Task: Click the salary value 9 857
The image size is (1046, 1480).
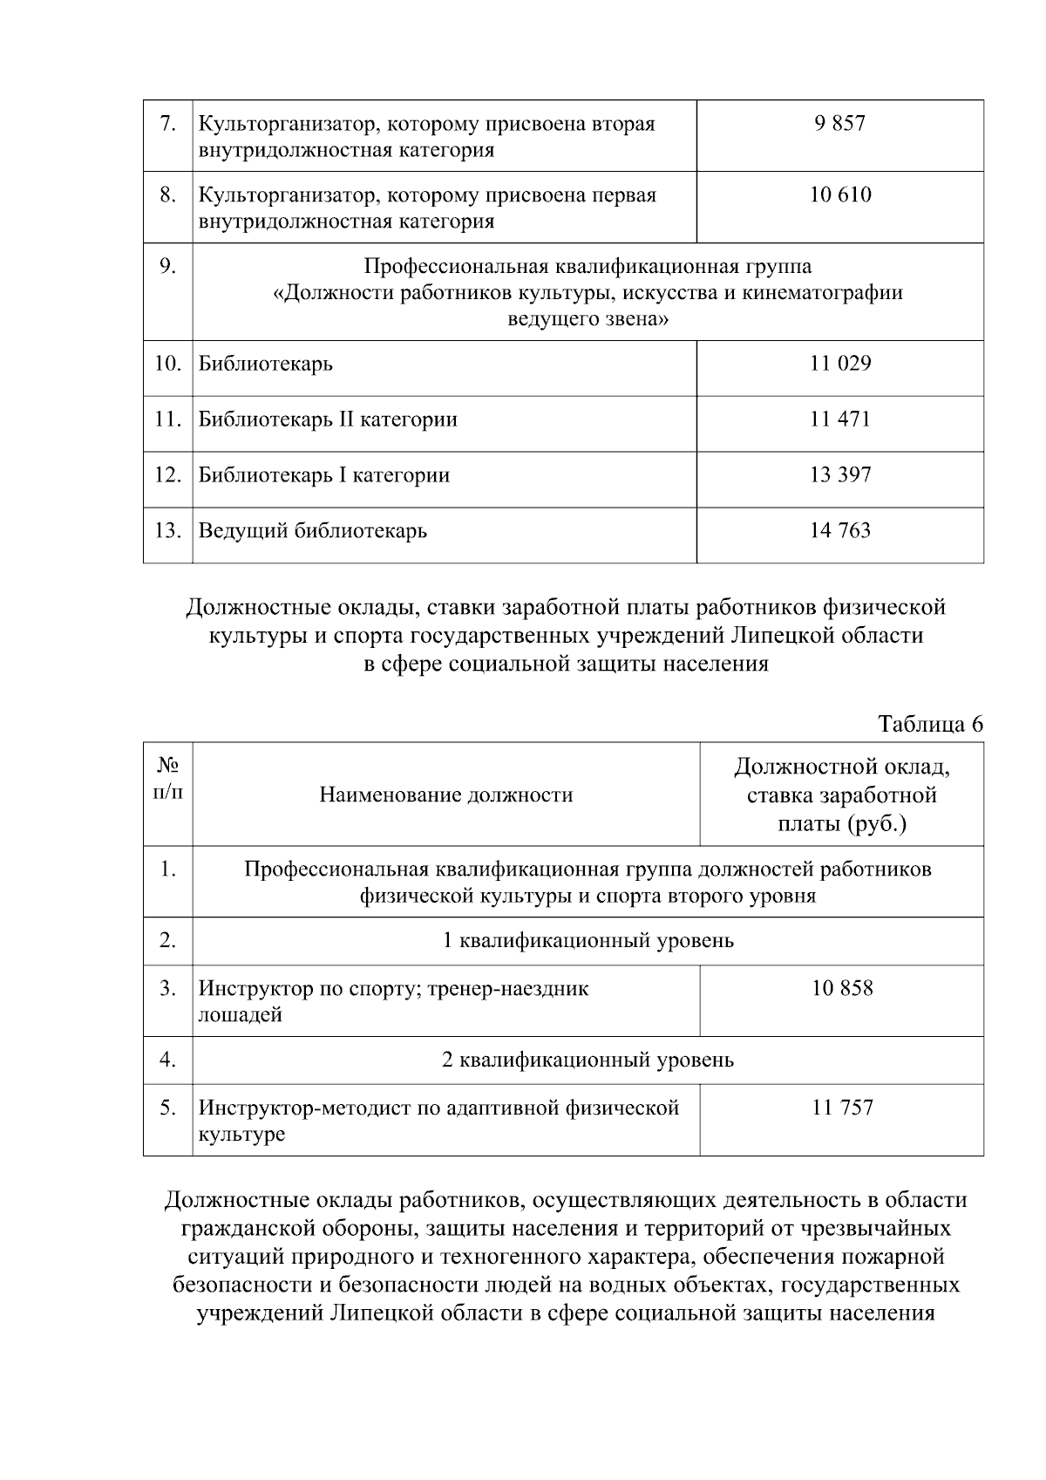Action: click(x=839, y=123)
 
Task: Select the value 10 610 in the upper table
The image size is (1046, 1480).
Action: click(x=839, y=194)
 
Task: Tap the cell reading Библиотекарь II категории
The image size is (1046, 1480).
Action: click(x=328, y=419)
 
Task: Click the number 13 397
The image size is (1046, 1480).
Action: click(x=839, y=475)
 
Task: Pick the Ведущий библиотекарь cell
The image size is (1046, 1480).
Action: click(x=312, y=531)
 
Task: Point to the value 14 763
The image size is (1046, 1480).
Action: click(x=839, y=531)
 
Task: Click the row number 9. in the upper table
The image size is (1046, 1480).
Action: click(x=167, y=265)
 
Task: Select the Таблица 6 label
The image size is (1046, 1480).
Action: click(x=930, y=725)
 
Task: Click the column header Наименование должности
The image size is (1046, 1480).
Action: click(x=445, y=795)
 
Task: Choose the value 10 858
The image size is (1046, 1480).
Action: click(x=841, y=988)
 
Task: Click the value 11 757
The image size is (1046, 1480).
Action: click(x=841, y=1108)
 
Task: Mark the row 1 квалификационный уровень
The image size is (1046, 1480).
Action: click(x=588, y=941)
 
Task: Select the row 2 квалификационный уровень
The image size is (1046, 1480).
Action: click(x=588, y=1061)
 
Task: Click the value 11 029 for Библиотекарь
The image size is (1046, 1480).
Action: click(x=839, y=364)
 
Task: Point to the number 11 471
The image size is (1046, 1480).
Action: click(x=839, y=419)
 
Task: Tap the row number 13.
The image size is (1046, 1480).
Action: click(x=167, y=531)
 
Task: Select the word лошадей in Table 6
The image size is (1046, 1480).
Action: click(x=240, y=1015)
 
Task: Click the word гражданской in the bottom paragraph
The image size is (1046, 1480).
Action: click(x=249, y=1229)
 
